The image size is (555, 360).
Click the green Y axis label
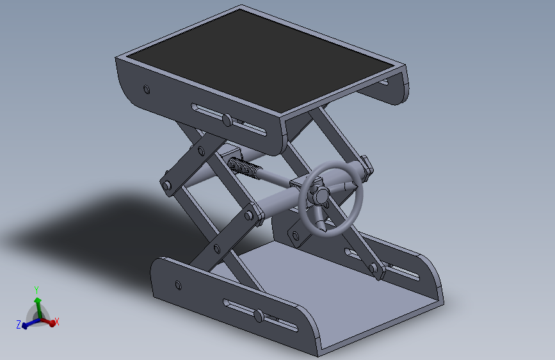point(36,290)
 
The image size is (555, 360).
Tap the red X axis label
point(56,322)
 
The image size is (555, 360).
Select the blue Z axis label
point(19,324)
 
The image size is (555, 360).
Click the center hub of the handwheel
point(322,195)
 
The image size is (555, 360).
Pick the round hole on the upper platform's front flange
point(147,90)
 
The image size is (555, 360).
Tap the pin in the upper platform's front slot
point(227,120)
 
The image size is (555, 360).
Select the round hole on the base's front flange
point(179,285)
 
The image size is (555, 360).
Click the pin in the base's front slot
point(259,316)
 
